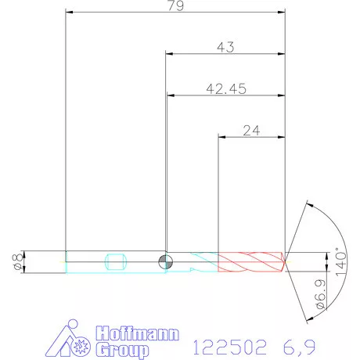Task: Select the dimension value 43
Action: [x=225, y=48]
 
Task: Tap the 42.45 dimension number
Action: [x=225, y=89]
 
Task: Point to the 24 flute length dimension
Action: [x=251, y=131]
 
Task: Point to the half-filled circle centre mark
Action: [x=165, y=261]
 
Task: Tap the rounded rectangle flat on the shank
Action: [x=115, y=261]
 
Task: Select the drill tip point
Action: [x=286, y=260]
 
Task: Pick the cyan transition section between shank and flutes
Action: [x=201, y=261]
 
